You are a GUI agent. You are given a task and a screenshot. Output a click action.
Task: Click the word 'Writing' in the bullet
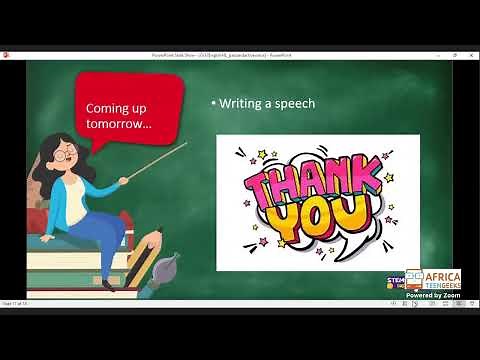click(243, 104)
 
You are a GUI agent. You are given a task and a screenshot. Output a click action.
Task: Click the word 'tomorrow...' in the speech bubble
click(118, 124)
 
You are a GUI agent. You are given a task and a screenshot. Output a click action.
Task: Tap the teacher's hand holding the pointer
click(123, 180)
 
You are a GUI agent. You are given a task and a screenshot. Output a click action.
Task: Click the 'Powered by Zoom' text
click(432, 295)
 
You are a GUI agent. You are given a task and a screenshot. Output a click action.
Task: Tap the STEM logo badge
click(396, 280)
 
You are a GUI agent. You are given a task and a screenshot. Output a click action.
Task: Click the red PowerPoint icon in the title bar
click(7, 55)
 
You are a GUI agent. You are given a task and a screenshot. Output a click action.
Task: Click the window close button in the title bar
click(470, 55)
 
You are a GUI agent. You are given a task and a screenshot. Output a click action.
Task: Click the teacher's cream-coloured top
click(78, 190)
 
